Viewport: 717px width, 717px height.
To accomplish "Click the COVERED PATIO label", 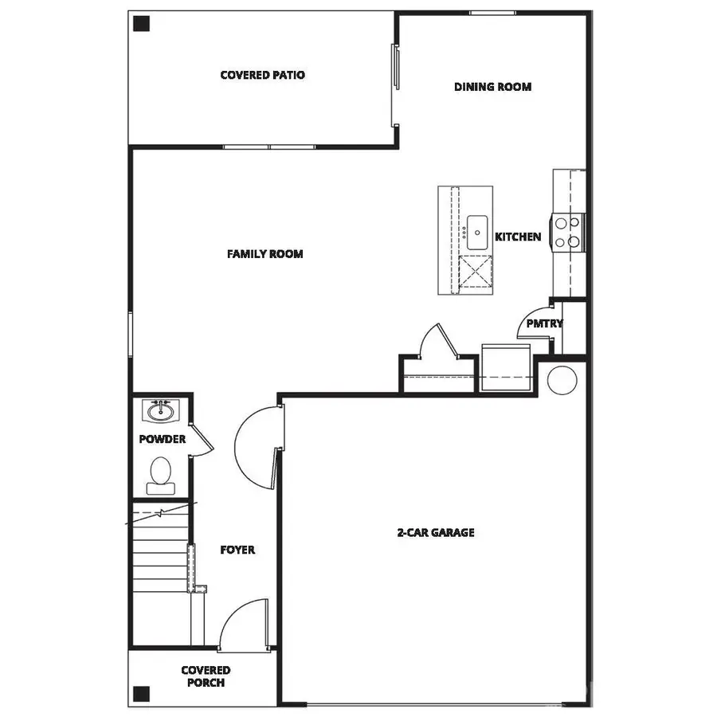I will [x=262, y=75].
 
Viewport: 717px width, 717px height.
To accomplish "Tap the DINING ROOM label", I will [x=492, y=87].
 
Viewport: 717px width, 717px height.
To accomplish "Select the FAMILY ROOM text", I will [x=264, y=254].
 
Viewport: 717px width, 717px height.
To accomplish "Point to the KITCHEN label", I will [x=518, y=237].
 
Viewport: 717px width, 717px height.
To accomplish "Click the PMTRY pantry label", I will [x=544, y=323].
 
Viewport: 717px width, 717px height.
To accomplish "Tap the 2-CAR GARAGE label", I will [x=436, y=532].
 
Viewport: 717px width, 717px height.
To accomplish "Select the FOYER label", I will [x=237, y=550].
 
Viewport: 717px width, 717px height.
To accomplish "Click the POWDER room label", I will [x=162, y=439].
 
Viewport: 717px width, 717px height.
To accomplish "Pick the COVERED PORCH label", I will [x=206, y=676].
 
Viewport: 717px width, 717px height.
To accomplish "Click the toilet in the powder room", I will [x=160, y=472].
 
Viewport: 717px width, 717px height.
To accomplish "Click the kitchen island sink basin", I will [x=478, y=230].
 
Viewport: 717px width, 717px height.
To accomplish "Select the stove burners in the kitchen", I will [x=566, y=233].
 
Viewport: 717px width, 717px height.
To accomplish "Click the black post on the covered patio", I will [x=141, y=24].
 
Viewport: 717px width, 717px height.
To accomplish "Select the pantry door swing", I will [x=535, y=321].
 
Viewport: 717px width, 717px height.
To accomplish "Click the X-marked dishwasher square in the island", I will [x=476, y=272].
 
